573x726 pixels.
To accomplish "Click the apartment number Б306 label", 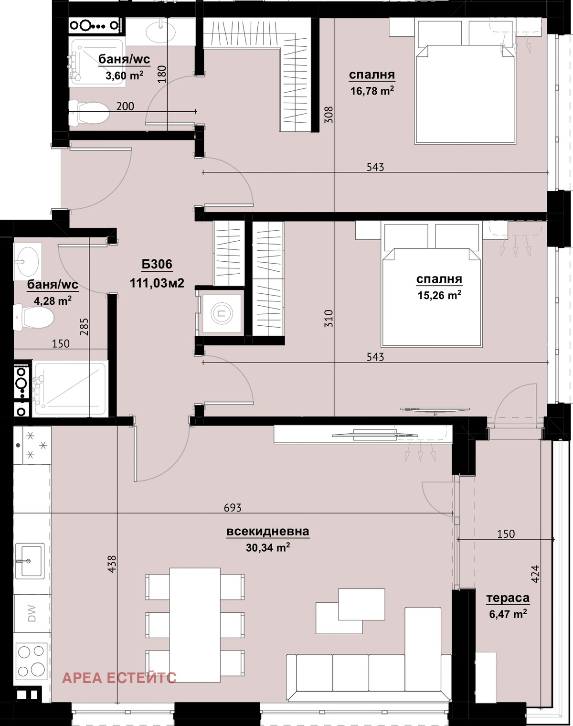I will pyautogui.click(x=157, y=264).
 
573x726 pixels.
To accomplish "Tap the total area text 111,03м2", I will pyautogui.click(x=157, y=283).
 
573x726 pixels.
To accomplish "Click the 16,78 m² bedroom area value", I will pyautogui.click(x=372, y=91).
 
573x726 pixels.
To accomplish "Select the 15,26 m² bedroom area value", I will pyautogui.click(x=439, y=295).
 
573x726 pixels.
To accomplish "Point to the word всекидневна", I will pyautogui.click(x=267, y=532).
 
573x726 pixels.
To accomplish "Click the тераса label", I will pyautogui.click(x=508, y=598).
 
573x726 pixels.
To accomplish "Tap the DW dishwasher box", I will pyautogui.click(x=32, y=613).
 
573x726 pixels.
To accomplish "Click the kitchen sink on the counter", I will pyautogui.click(x=30, y=560).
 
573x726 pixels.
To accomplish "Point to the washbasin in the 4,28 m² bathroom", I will pyautogui.click(x=26, y=261).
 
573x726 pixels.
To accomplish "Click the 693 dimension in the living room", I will pyautogui.click(x=233, y=508).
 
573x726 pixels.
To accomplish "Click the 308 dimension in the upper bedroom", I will pyautogui.click(x=329, y=115).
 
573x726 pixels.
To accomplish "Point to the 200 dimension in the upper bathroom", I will pyautogui.click(x=125, y=106).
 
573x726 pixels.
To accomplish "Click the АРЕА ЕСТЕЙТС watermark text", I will pyautogui.click(x=119, y=677).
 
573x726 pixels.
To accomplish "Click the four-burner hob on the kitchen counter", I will pyautogui.click(x=32, y=661).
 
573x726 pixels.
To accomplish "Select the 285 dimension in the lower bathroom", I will pyautogui.click(x=84, y=327).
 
